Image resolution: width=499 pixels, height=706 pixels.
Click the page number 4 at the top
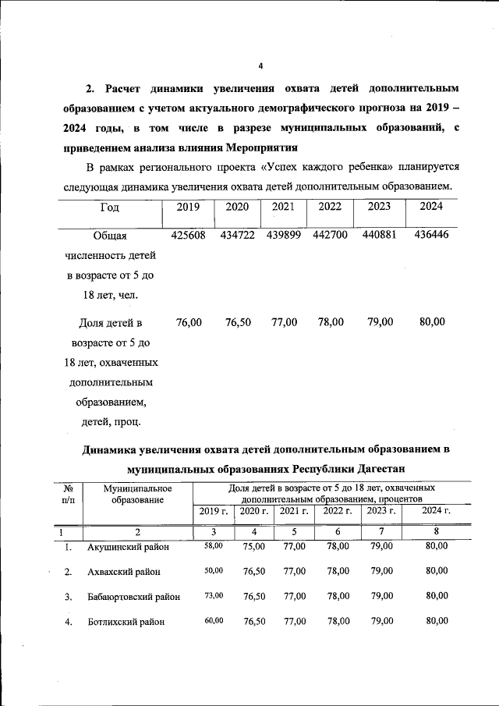tap(261, 66)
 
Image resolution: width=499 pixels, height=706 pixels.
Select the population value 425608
tap(188, 235)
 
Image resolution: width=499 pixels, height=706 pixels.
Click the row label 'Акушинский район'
tap(129, 547)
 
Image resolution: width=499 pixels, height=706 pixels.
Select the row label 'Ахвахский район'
tap(125, 572)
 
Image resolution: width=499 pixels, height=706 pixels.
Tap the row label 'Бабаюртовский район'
tap(134, 596)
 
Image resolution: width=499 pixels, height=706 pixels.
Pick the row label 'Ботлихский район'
tap(126, 621)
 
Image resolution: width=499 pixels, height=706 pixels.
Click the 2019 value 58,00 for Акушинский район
tap(213, 546)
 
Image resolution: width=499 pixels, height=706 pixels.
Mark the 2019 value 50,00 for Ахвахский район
tap(213, 571)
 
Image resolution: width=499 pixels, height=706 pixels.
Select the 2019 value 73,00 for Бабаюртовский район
tap(213, 595)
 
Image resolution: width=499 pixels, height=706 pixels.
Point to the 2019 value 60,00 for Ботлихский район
tap(213, 620)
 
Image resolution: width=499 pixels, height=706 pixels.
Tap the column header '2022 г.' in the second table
tap(338, 511)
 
